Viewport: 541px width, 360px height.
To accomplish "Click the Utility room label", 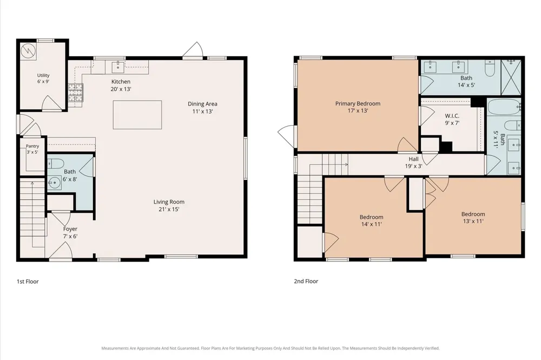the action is (43, 75).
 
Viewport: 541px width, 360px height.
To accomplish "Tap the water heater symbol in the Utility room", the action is (28, 51).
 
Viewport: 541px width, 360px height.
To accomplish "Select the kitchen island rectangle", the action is (137, 115).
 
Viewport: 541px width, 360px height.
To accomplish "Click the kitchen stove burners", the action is (76, 93).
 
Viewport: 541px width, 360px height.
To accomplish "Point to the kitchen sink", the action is (118, 67).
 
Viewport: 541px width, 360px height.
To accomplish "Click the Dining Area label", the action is (202, 104).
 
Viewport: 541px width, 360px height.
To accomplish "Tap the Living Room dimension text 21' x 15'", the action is (169, 209).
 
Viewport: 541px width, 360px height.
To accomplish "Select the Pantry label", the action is (32, 146).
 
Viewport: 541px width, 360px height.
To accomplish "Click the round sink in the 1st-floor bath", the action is (54, 184).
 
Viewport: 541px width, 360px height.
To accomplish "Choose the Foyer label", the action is (70, 229).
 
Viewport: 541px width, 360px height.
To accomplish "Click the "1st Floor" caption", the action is (28, 282).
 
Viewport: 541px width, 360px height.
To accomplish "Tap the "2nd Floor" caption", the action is (306, 281).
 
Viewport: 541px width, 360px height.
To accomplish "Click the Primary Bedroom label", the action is (358, 103).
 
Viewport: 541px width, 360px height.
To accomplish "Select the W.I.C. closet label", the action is (452, 116).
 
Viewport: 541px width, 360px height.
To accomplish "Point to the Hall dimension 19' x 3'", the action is (414, 166).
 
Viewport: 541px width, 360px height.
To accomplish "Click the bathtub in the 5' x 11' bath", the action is (504, 107).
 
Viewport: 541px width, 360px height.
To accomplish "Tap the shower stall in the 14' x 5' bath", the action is (511, 77).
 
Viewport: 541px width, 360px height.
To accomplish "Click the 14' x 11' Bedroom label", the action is (372, 217).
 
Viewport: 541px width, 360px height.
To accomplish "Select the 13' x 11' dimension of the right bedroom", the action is (473, 221).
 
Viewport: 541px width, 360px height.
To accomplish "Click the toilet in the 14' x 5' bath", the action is (490, 68).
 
